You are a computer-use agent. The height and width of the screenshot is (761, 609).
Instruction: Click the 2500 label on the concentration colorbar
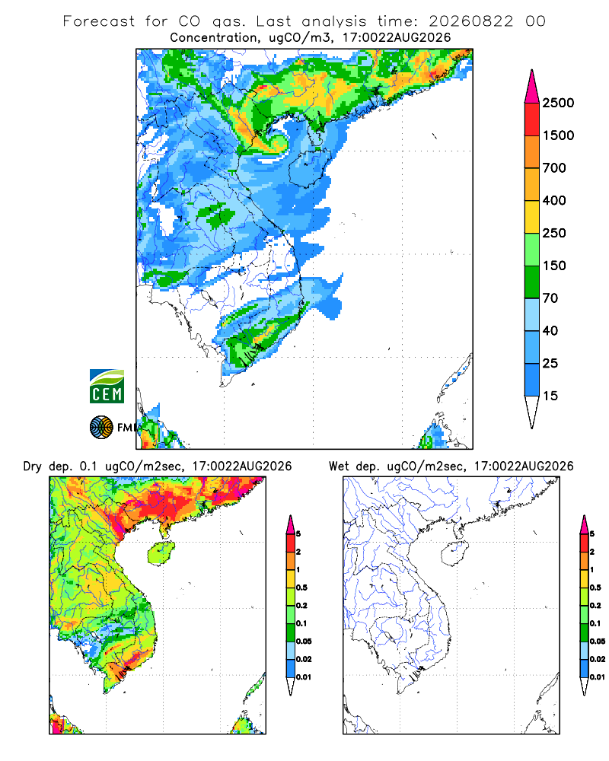pyautogui.click(x=558, y=103)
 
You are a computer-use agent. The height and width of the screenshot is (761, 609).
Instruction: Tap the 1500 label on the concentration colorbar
pyautogui.click(x=558, y=135)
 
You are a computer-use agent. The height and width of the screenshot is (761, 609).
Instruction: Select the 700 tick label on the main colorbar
pyautogui.click(x=554, y=168)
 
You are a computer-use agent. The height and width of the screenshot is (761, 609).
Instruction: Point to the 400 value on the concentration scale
pyautogui.click(x=554, y=200)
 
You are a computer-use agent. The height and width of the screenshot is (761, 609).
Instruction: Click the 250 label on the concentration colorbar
pyautogui.click(x=554, y=233)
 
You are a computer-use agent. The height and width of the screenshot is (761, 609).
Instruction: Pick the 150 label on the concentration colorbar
pyautogui.click(x=554, y=266)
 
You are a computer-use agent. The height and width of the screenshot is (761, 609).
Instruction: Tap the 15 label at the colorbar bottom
pyautogui.click(x=550, y=396)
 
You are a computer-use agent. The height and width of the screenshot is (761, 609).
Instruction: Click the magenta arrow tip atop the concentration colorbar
pyautogui.click(x=532, y=71)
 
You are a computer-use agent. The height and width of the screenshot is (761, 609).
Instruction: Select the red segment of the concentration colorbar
pyautogui.click(x=532, y=119)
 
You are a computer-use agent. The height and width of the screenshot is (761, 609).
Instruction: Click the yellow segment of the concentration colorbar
pyautogui.click(x=532, y=217)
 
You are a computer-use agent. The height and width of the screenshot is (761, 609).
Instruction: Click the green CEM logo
pyautogui.click(x=107, y=387)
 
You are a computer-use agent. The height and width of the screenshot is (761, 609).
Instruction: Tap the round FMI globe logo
pyautogui.click(x=101, y=428)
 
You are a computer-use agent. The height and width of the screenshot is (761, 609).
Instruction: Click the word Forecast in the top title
pyautogui.click(x=99, y=21)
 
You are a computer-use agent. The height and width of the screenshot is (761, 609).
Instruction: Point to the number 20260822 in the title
pyautogui.click(x=470, y=21)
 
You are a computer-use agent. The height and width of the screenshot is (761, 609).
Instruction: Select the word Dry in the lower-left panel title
pyautogui.click(x=33, y=466)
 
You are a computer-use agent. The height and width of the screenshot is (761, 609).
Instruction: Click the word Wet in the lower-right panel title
pyautogui.click(x=339, y=466)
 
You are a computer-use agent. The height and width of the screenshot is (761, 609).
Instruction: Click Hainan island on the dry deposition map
pyautogui.click(x=161, y=554)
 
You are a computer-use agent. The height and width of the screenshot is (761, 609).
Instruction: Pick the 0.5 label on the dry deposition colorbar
pyautogui.click(x=301, y=587)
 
